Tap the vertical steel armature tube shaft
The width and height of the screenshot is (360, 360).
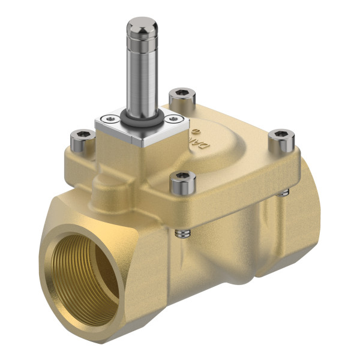[x=142, y=72]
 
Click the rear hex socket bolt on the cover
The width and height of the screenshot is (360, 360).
[x=180, y=95]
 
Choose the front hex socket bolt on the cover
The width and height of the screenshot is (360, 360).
[x=184, y=181]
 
